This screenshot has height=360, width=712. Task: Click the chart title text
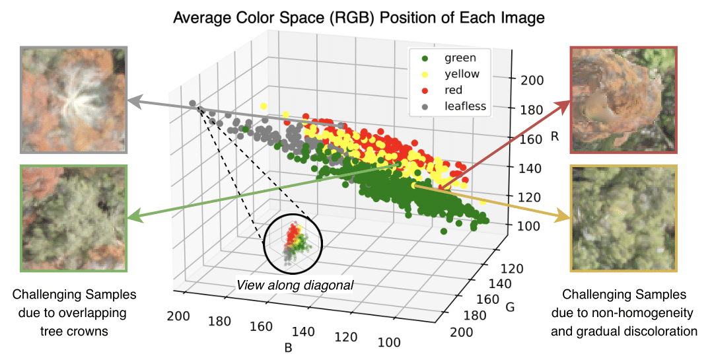click(359, 18)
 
